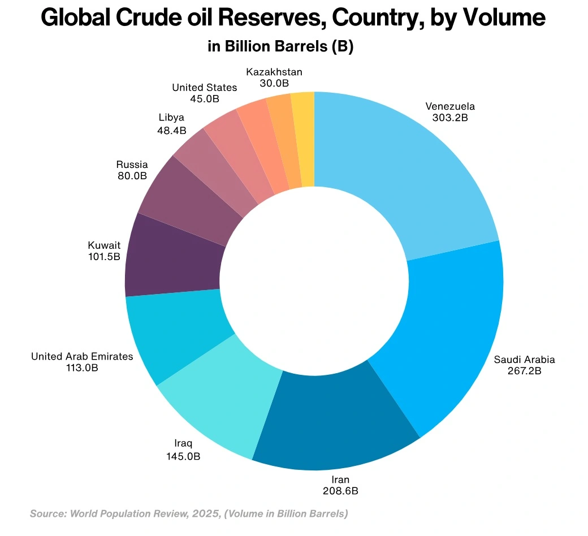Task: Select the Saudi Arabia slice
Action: [x=447, y=334]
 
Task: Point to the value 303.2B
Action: [x=450, y=118]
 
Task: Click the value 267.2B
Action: [x=524, y=371]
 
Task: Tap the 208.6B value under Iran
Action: [x=340, y=491]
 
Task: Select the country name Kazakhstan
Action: [x=274, y=72]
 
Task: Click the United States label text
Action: [x=204, y=88]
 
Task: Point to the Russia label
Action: [x=132, y=165]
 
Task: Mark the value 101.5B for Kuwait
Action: [x=103, y=257]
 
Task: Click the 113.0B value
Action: [x=82, y=368]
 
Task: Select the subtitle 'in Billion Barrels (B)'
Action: [x=280, y=46]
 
